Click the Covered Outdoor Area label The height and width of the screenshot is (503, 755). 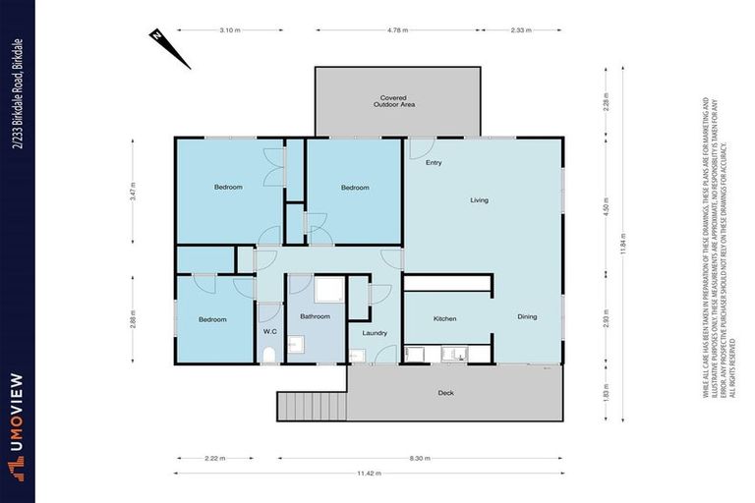click(x=394, y=101)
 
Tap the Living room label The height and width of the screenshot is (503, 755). click(x=479, y=200)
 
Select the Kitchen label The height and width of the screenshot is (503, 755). click(x=445, y=319)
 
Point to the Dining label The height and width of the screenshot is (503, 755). click(x=528, y=316)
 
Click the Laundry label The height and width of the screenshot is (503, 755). click(x=375, y=333)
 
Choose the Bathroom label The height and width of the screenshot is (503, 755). click(x=315, y=316)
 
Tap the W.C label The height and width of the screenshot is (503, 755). click(x=269, y=332)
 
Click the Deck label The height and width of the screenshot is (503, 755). click(x=445, y=394)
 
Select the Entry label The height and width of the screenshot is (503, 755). click(x=433, y=163)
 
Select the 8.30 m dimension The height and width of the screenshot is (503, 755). click(x=420, y=458)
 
